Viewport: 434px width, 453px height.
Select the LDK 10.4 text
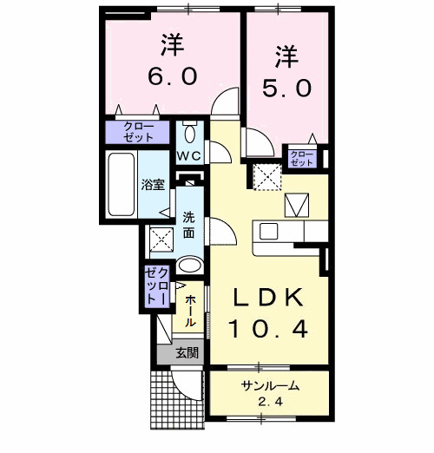[x=266, y=312]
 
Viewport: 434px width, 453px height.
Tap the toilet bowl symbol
[x=190, y=134]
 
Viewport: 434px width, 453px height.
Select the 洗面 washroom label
[x=190, y=226]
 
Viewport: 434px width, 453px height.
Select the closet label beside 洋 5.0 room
[x=301, y=158]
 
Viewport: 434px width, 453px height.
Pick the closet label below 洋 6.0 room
[x=139, y=133]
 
